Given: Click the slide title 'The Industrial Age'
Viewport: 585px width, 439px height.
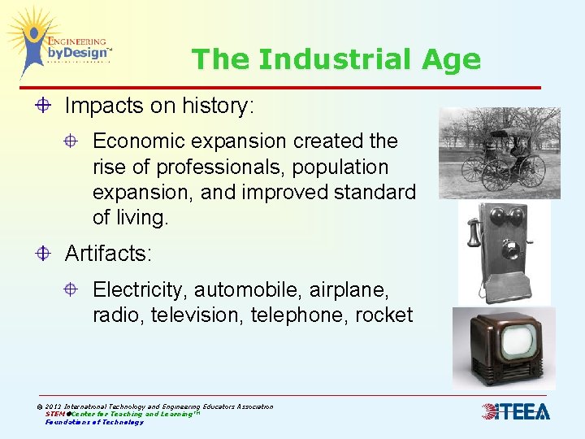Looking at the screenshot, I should coord(336,59).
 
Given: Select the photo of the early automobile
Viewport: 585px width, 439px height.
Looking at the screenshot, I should coord(499,153).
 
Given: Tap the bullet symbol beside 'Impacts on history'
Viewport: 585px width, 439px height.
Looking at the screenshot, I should coord(44,106).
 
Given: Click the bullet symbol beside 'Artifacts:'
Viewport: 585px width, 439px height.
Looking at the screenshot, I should coord(44,254).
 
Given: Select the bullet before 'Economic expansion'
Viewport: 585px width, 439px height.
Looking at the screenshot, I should coord(72,141).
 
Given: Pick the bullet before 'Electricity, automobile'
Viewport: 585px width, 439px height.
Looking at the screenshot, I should coord(72,289).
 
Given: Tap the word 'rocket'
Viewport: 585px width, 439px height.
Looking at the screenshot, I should coord(383,315).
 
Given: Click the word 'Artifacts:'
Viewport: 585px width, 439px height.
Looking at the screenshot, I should coord(108,254).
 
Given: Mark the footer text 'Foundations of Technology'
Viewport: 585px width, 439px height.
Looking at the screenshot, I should coord(94,422).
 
